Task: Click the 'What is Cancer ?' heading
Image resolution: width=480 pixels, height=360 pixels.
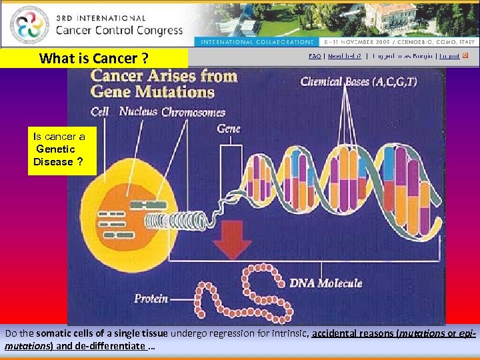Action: click(x=93, y=58)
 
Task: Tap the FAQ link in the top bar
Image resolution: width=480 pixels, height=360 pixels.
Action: click(x=315, y=56)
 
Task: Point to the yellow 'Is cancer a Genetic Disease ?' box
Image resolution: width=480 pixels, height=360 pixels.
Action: click(x=62, y=149)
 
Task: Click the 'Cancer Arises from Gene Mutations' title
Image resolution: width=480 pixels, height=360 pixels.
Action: click(x=163, y=83)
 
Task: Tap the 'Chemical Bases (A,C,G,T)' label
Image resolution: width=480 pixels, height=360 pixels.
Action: click(x=359, y=82)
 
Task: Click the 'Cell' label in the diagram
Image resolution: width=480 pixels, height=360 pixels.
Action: click(x=100, y=111)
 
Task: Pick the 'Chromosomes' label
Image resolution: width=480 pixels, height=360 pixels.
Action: click(x=193, y=112)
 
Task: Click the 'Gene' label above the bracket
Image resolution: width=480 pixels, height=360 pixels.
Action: click(x=229, y=128)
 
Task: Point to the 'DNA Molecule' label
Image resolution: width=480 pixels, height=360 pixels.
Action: click(x=325, y=283)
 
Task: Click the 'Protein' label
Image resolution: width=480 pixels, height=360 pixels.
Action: click(x=151, y=299)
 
